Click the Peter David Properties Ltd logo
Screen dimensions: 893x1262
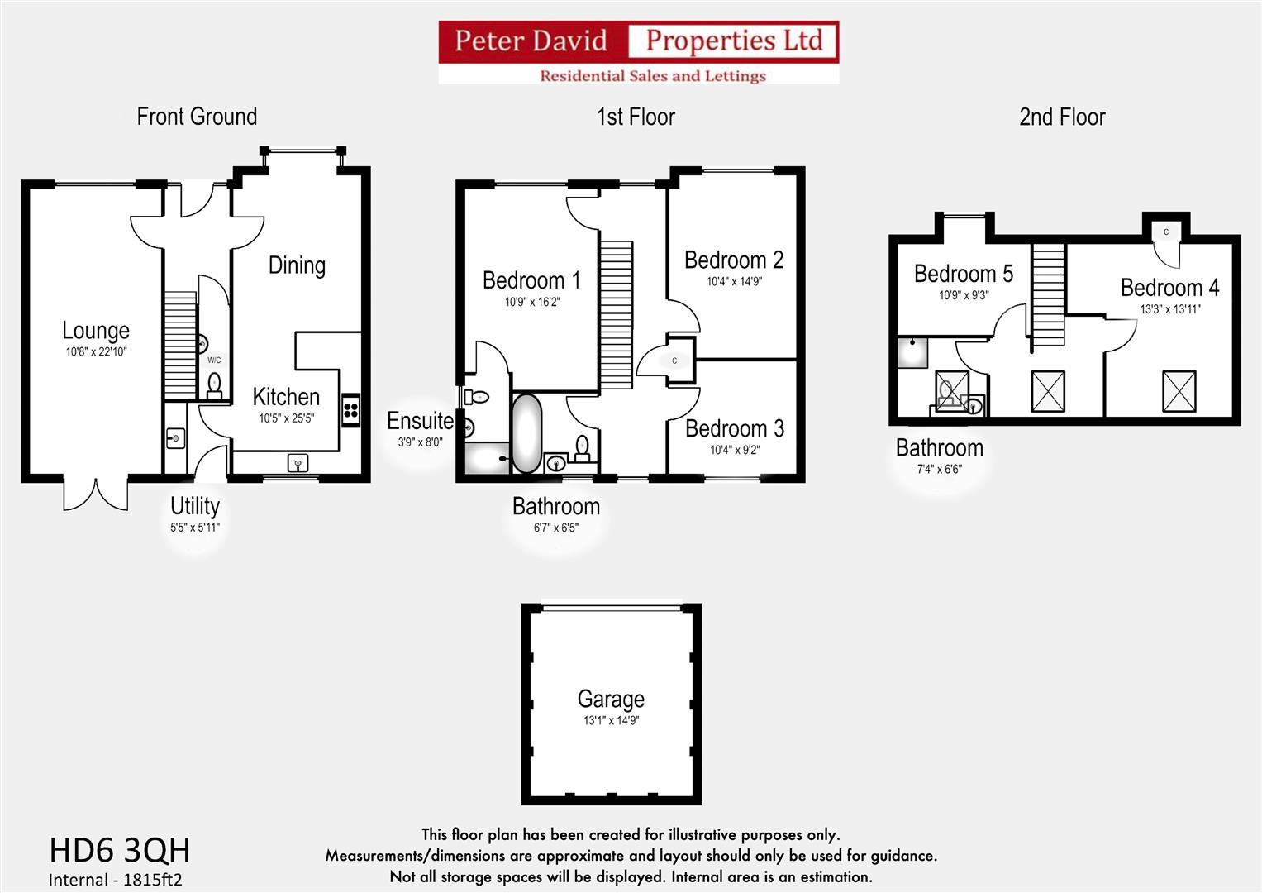(x=638, y=52)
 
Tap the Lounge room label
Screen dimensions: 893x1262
(x=96, y=331)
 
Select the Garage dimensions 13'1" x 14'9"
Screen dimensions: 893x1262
(x=611, y=721)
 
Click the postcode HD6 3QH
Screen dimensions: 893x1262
(x=120, y=850)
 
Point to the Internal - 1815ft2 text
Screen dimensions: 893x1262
(x=115, y=880)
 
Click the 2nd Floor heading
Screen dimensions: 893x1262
(x=1061, y=117)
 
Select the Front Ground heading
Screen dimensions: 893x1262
(x=197, y=117)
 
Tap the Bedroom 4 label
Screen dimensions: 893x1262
(x=1169, y=288)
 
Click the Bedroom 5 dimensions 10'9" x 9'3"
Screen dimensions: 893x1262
(x=963, y=295)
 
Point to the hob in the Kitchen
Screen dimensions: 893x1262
(x=350, y=411)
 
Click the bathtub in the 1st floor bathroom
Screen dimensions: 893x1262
(x=526, y=433)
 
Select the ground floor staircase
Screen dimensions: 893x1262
(x=179, y=345)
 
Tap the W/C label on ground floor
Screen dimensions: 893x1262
(x=214, y=361)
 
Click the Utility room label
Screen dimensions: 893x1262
(x=195, y=506)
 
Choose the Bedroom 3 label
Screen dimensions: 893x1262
(x=734, y=429)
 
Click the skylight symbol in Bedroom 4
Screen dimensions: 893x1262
(x=1179, y=391)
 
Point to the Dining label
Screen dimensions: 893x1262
(x=297, y=265)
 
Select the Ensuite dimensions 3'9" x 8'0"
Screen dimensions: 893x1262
(x=420, y=442)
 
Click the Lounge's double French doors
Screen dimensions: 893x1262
(x=96, y=494)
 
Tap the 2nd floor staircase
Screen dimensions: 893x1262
(x=1048, y=295)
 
